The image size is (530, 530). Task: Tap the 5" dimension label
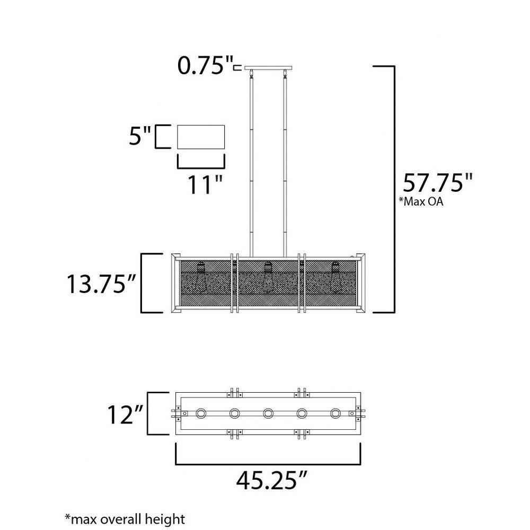click(x=139, y=136)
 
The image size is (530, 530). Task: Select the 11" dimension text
click(x=205, y=184)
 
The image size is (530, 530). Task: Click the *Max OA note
click(x=421, y=201)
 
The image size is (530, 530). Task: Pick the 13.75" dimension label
click(x=101, y=284)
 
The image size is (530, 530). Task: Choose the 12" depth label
click(x=125, y=414)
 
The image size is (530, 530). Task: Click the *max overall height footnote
click(x=125, y=519)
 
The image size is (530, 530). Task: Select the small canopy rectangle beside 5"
click(x=201, y=137)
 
